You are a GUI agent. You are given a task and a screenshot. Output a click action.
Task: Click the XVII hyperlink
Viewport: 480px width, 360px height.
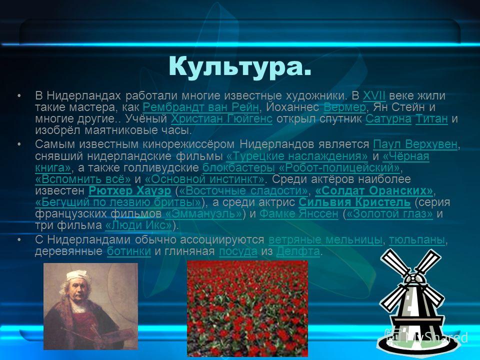(374, 96)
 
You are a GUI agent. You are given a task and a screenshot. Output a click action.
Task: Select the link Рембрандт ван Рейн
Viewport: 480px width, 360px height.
(201, 107)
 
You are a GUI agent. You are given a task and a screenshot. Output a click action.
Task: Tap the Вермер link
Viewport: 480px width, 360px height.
(344, 107)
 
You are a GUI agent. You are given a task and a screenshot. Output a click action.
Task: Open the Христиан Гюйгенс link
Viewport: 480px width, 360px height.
(221, 119)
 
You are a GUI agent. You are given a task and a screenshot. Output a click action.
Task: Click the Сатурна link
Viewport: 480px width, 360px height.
(388, 119)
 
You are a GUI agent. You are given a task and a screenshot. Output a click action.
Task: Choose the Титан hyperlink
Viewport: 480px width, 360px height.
(431, 119)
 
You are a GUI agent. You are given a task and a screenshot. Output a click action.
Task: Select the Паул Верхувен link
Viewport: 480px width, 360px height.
(415, 144)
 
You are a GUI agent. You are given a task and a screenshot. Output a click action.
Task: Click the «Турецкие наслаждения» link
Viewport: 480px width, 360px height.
(297, 156)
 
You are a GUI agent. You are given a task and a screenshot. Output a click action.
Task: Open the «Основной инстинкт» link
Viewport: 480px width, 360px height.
(205, 179)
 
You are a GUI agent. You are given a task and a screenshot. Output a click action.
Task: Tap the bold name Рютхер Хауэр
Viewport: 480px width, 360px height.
(130, 190)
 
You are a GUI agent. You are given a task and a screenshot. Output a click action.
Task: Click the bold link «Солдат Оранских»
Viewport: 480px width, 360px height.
(374, 190)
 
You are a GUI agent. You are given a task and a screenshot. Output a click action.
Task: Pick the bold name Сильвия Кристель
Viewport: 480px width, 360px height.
(354, 202)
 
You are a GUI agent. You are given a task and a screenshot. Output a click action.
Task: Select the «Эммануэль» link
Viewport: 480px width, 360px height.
(203, 213)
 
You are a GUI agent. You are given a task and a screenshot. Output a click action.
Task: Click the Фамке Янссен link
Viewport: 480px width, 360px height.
(299, 213)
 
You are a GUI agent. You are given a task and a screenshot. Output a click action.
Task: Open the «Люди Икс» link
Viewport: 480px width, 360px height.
(138, 225)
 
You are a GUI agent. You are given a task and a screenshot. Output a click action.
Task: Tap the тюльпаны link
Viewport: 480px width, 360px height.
(416, 240)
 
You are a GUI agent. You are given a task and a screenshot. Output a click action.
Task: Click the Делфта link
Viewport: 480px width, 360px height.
(298, 251)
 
